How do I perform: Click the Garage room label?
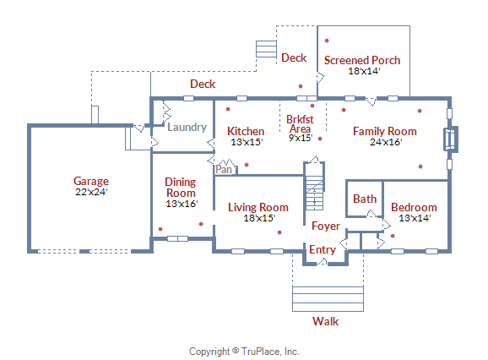91,181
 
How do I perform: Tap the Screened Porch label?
362,60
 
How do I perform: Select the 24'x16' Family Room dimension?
386,142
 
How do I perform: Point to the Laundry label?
187,127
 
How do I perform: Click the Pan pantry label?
224,169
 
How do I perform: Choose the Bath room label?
365,199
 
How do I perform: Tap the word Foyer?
326,226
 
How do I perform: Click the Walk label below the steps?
326,321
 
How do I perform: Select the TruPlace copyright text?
244,352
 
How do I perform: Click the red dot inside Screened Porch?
327,41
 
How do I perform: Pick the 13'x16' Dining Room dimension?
182,204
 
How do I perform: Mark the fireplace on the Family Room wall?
451,139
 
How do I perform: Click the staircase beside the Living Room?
314,186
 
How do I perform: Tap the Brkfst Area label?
300,124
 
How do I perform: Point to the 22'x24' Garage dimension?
91,192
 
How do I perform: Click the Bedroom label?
414,207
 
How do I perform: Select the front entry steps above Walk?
328,299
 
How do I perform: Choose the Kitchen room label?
246,131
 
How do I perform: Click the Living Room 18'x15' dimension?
259,218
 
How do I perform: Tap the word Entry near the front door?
323,249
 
